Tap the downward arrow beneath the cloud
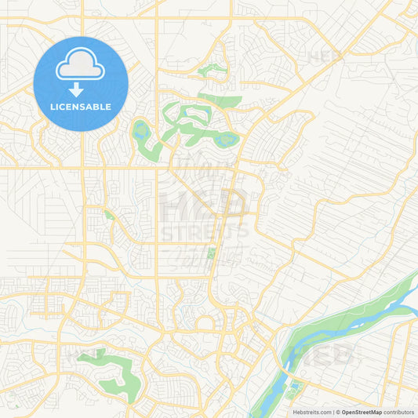coord(81,89)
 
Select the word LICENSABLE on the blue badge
coord(81,107)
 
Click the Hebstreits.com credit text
coord(311,412)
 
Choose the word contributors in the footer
coord(399,412)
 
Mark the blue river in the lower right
coord(353,314)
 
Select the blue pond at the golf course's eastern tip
coord(227,141)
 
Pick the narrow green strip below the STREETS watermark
coord(210,255)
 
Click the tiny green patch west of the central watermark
coord(108,215)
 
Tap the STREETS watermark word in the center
coord(205,231)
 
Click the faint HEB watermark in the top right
coord(325,56)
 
